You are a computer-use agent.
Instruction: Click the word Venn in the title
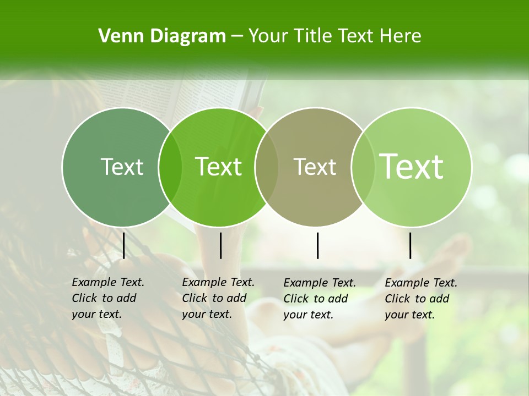[x=120, y=36]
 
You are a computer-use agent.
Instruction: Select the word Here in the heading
[x=401, y=36]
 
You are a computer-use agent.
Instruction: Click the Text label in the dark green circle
[x=122, y=167]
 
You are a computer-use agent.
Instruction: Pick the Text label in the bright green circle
[x=219, y=167]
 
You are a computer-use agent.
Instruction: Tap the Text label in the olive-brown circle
[x=315, y=167]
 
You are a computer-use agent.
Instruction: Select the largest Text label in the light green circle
[x=412, y=166]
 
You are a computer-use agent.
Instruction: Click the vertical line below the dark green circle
[x=124, y=245]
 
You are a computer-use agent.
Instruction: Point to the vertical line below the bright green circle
[x=220, y=245]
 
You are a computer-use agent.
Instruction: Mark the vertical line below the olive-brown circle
[x=318, y=245]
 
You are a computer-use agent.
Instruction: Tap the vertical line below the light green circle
[x=411, y=245]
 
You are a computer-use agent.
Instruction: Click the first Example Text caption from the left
[x=107, y=298]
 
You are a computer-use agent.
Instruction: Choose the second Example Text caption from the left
[x=218, y=298]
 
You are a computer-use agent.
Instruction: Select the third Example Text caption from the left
[x=319, y=299]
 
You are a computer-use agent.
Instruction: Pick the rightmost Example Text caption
[x=420, y=299]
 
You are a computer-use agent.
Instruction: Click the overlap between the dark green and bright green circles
[x=170, y=167]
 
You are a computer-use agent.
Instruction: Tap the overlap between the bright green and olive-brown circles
[x=267, y=167]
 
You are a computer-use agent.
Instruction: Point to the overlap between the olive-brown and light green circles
[x=363, y=167]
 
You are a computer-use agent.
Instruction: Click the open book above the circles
[x=215, y=94]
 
